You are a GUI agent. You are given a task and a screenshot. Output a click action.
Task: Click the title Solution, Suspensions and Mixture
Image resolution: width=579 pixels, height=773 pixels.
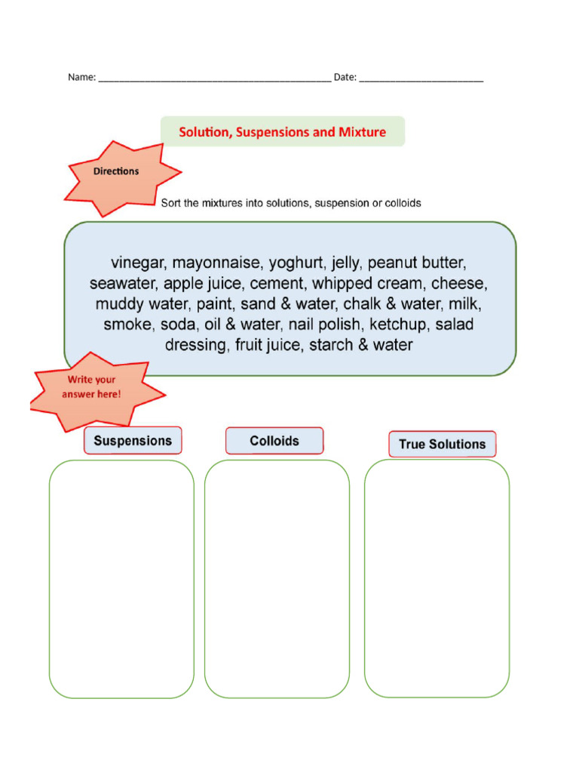[282, 132]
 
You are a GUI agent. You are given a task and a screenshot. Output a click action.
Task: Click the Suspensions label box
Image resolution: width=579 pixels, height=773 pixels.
[133, 441]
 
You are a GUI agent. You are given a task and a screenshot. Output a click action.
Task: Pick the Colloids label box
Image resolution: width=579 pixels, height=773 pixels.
[274, 441]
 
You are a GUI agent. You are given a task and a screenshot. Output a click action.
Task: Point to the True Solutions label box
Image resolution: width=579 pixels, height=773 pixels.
[442, 444]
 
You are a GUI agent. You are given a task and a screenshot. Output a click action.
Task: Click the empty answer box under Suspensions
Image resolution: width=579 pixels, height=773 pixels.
[121, 578]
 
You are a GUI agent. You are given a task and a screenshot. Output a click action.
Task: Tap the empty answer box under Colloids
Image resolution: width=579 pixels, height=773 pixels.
[277, 578]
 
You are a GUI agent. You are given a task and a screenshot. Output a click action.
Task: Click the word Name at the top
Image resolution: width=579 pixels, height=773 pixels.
[81, 77]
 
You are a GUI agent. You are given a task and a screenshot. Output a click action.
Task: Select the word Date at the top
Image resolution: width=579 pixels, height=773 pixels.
[344, 77]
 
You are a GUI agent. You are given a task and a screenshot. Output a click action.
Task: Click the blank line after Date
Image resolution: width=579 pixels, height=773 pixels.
[421, 79]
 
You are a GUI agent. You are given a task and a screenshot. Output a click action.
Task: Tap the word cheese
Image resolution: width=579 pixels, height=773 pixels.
[459, 284]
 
